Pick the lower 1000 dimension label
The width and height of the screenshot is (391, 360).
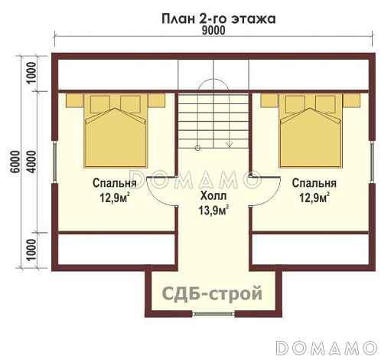pyautogui.click(x=31, y=250)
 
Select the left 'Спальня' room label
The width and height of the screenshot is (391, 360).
pyautogui.click(x=115, y=184)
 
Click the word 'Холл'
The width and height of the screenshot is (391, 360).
pyautogui.click(x=213, y=196)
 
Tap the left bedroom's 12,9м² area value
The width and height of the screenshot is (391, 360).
pyautogui.click(x=115, y=198)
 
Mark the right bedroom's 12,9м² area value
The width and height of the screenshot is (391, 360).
pyautogui.click(x=314, y=198)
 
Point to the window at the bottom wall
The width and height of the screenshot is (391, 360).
pyautogui.click(x=213, y=314)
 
